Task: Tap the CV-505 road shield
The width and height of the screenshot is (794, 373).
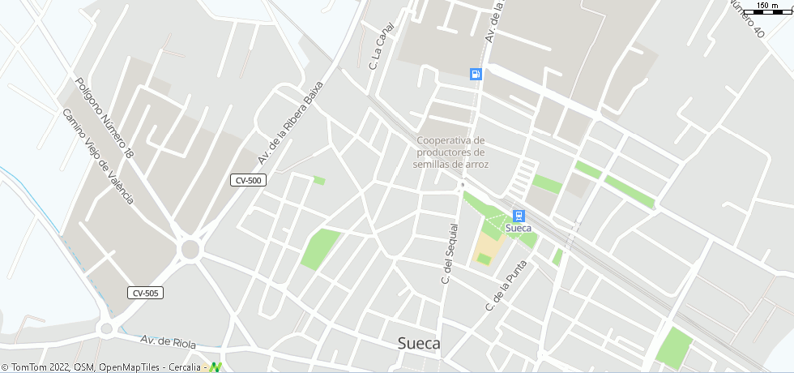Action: [x=145, y=293]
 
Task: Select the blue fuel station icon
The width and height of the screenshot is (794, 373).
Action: [x=476, y=74]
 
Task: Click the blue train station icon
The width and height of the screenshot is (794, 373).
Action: [x=519, y=216]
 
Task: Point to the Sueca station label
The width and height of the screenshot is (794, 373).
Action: [x=519, y=229]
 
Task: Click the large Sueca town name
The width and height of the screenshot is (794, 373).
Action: [x=419, y=344]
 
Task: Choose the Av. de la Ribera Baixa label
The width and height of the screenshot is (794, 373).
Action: [x=291, y=122]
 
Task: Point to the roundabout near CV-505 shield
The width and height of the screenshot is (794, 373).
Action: [x=190, y=249]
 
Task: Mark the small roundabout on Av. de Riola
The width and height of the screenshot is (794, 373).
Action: [x=106, y=328]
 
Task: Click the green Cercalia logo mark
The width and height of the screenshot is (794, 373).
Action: [x=216, y=367]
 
